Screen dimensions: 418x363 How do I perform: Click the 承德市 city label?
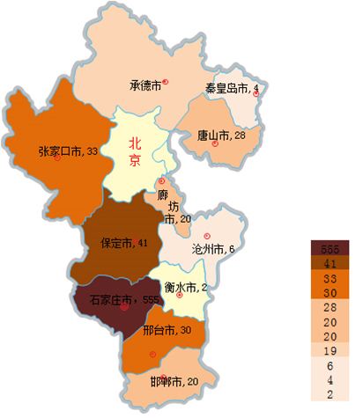coord(145,86)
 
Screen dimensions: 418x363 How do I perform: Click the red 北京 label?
coord(135,150)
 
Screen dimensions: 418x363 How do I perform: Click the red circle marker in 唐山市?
coord(214,144)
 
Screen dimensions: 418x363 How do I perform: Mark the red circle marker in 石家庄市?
coord(124,308)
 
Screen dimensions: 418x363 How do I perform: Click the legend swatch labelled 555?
coord(328,247)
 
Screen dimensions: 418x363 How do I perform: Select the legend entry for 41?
coord(328,262)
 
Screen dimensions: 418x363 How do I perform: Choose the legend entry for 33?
coord(328,277)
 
